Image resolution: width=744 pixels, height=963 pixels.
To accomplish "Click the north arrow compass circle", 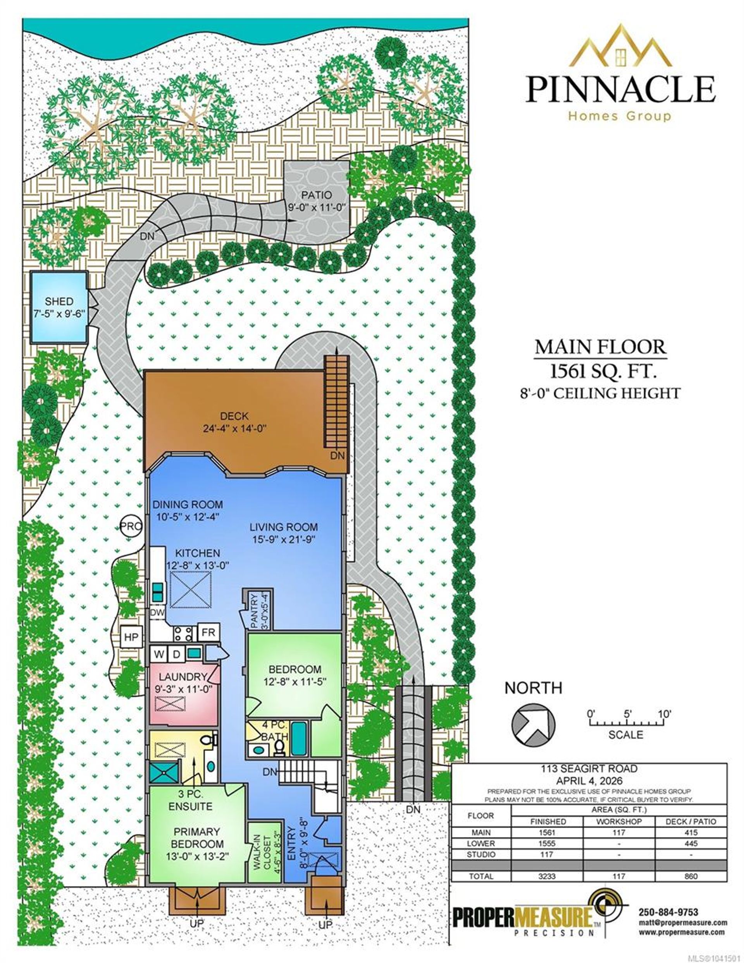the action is click(533, 724).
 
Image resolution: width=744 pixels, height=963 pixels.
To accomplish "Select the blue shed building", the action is click(59, 307).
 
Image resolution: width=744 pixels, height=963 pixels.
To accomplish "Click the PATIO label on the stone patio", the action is click(316, 195).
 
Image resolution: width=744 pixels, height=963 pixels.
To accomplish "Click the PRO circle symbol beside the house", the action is click(131, 526).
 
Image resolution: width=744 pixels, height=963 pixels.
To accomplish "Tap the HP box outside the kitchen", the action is click(131, 637).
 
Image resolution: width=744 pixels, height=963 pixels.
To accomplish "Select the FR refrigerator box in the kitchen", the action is click(208, 632).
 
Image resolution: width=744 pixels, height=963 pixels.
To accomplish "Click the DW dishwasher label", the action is click(157, 613).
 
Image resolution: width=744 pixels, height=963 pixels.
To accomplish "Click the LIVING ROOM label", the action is click(284, 527).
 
